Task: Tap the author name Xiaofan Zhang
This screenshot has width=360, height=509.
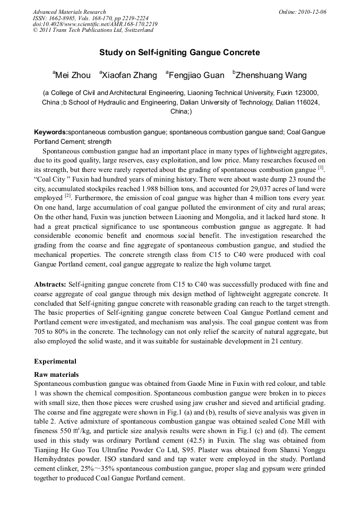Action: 130,75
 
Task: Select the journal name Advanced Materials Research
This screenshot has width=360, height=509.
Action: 70,12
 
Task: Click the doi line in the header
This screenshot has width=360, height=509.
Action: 95,24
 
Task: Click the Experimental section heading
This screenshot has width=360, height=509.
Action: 55,361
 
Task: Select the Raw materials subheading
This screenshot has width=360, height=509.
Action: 56,375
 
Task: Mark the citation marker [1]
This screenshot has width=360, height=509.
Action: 321,168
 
